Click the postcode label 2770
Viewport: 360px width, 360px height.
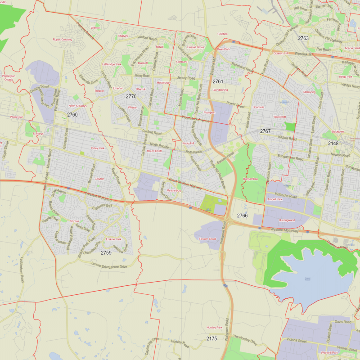(x=131, y=97)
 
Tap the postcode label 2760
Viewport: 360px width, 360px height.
(x=72, y=115)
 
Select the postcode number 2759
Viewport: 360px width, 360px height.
(x=106, y=252)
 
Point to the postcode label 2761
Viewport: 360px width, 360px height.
(x=218, y=81)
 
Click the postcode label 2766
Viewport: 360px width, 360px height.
(x=242, y=216)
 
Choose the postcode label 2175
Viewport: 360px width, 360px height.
(x=211, y=338)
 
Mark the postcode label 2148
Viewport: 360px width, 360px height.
(x=333, y=144)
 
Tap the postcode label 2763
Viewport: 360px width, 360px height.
(x=303, y=38)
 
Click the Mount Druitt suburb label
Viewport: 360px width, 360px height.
(x=154, y=151)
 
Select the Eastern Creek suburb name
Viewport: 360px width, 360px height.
(x=207, y=238)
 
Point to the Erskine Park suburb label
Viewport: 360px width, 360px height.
(x=113, y=239)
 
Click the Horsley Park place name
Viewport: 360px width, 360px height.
(x=214, y=328)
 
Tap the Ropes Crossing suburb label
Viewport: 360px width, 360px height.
(x=62, y=40)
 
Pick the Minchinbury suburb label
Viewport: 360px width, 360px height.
(x=174, y=191)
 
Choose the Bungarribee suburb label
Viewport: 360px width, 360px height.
(x=251, y=179)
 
